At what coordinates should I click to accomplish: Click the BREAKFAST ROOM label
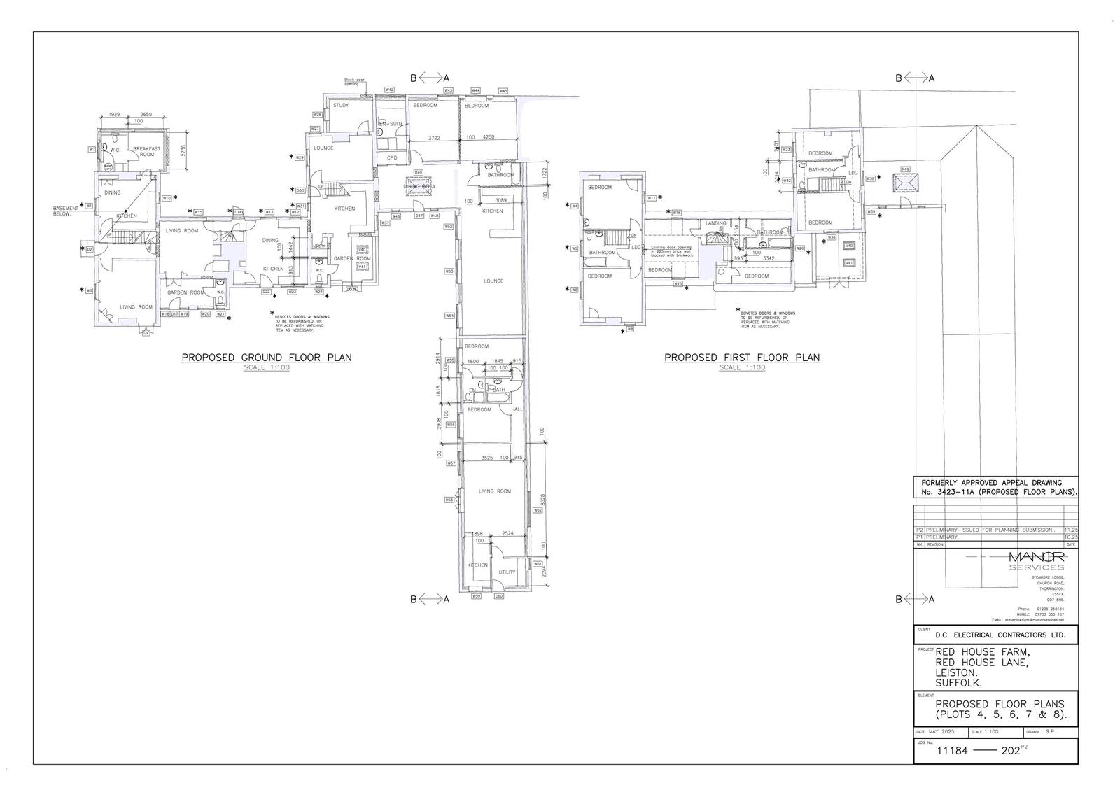[x=147, y=151]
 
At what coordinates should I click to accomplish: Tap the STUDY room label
[x=341, y=106]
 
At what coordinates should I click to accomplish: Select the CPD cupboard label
[x=392, y=158]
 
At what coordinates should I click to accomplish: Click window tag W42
[x=389, y=90]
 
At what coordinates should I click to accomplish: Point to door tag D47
[x=419, y=216]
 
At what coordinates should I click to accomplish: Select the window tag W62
[x=538, y=510]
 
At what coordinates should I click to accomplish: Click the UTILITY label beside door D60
[x=507, y=572]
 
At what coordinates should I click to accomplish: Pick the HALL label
[x=517, y=409]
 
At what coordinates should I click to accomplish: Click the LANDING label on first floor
[x=715, y=223]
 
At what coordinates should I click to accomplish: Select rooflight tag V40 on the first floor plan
[x=849, y=246]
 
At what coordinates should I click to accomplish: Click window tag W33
[x=787, y=150]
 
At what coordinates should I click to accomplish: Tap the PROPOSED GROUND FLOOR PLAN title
[x=267, y=358]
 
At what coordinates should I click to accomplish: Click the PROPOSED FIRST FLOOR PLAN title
[x=742, y=358]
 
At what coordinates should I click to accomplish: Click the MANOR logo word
[x=1037, y=556]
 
